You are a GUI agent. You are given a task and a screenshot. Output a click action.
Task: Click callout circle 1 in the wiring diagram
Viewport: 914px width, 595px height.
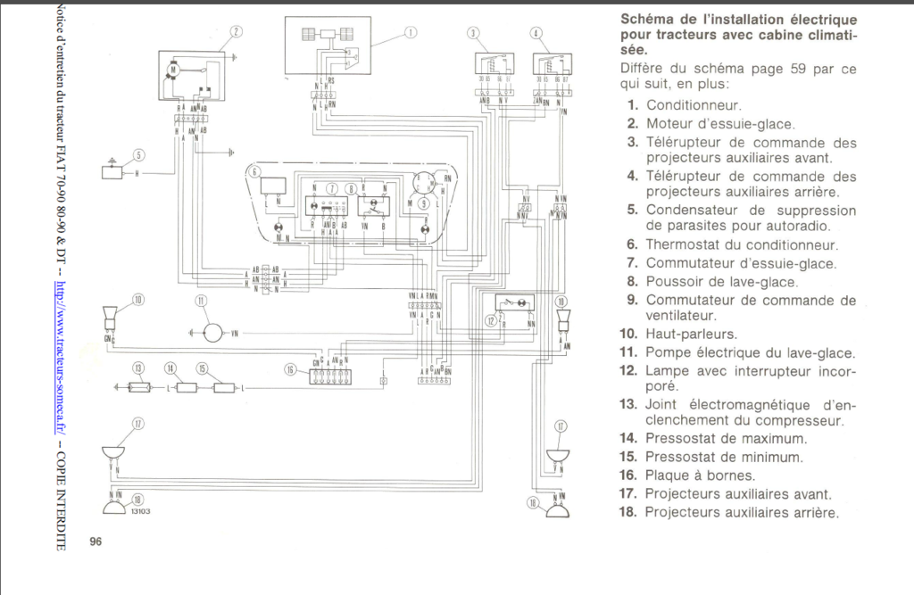[x=411, y=33]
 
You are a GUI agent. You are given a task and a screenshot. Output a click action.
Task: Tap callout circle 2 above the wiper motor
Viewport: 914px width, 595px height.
[x=237, y=32]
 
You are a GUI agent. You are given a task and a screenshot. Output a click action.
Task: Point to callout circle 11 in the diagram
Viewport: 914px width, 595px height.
[x=202, y=301]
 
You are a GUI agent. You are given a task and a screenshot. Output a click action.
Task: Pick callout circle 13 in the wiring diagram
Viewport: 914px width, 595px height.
[x=138, y=368]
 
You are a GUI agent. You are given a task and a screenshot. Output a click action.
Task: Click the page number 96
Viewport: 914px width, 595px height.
[x=96, y=541]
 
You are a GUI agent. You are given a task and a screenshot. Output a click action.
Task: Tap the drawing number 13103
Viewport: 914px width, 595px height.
[x=139, y=511]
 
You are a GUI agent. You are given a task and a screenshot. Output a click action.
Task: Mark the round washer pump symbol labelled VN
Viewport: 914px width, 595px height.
[x=212, y=333]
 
